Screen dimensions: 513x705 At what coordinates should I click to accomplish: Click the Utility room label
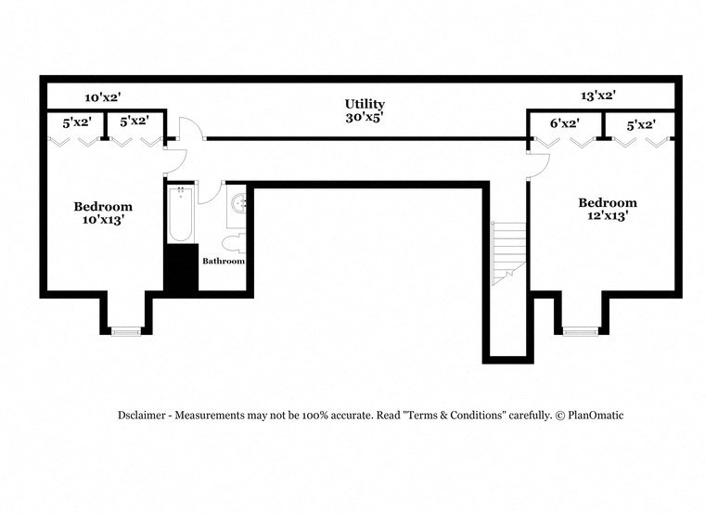[365, 104]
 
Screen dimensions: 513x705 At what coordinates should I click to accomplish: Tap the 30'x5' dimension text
[365, 118]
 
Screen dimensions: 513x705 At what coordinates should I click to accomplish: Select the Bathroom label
[224, 262]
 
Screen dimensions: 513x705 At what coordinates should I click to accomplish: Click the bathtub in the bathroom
[180, 215]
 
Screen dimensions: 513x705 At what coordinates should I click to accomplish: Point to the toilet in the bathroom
[235, 243]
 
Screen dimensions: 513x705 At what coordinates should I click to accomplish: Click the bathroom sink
[237, 203]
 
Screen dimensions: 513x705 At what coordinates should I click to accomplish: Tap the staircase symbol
[508, 251]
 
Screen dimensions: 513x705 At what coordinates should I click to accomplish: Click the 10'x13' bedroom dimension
[103, 221]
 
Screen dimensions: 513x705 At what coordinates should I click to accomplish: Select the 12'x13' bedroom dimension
[608, 216]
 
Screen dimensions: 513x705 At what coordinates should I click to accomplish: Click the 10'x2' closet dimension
[103, 97]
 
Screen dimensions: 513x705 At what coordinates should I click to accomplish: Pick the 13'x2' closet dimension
[598, 96]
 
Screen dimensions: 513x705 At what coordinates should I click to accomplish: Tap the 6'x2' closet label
[564, 123]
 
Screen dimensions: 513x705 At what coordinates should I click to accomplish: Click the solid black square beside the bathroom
[181, 268]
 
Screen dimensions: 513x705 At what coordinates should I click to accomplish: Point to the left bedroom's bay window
[125, 329]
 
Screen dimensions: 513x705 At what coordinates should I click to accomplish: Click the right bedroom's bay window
[580, 330]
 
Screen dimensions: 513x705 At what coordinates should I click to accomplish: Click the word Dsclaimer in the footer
[144, 416]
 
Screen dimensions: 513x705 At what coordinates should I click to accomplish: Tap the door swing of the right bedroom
[539, 165]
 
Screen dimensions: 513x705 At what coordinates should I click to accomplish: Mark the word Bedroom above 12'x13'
[608, 202]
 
